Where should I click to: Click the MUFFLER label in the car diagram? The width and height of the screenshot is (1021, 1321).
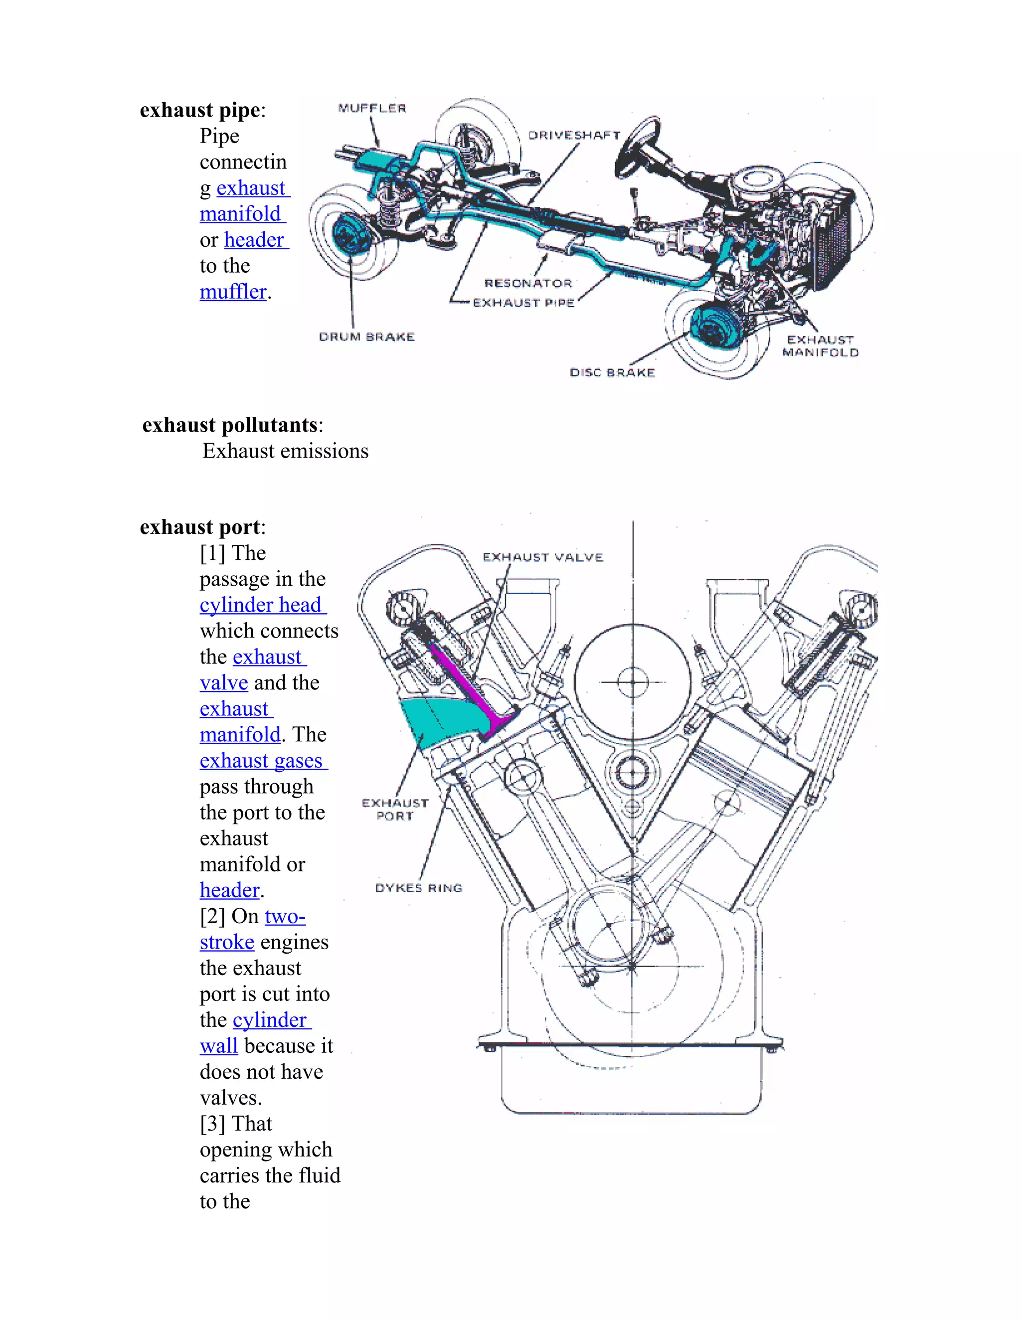point(372,108)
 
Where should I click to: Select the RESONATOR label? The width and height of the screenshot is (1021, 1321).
point(528,283)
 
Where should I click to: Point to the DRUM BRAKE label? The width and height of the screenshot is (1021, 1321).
point(366,337)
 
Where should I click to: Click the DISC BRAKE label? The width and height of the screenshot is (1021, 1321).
point(612,372)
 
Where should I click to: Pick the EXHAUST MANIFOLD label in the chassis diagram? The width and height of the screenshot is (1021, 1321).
point(820,346)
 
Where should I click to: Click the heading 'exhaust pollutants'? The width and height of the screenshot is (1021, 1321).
point(230,425)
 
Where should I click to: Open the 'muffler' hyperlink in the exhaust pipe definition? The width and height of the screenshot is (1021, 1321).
point(233,292)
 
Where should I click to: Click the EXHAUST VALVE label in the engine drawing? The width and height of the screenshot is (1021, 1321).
point(542,557)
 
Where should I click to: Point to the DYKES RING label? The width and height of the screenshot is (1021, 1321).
point(419,888)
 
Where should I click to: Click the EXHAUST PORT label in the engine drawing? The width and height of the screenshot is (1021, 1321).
point(395,809)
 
